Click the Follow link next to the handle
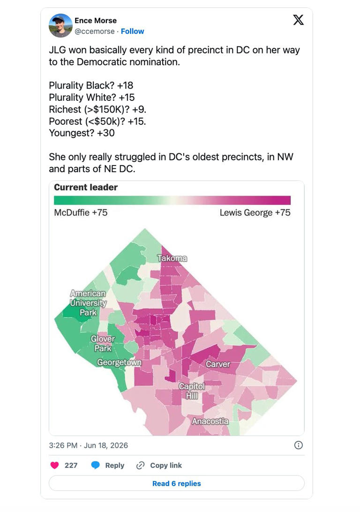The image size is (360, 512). (x=132, y=31)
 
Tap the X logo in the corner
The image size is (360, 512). (x=298, y=20)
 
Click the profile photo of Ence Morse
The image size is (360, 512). (x=60, y=25)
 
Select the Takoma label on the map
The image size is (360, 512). (x=172, y=258)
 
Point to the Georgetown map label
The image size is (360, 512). (x=119, y=362)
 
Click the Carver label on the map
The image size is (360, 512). (x=217, y=364)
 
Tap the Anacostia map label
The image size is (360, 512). (x=210, y=421)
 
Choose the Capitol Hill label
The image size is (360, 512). (x=192, y=391)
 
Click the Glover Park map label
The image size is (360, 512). (x=103, y=344)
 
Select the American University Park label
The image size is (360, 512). (x=88, y=303)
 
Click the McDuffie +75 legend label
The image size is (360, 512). (x=81, y=212)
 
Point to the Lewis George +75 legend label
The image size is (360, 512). (x=255, y=212)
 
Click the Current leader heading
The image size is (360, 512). (x=86, y=187)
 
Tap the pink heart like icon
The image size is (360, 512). (x=54, y=465)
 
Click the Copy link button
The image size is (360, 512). (x=159, y=465)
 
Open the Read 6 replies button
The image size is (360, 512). (x=177, y=483)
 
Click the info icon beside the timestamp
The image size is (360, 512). (x=298, y=445)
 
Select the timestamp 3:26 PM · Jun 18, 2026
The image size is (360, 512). (x=89, y=445)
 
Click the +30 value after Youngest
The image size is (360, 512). (x=106, y=133)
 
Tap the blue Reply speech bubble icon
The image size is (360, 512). (x=95, y=465)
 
